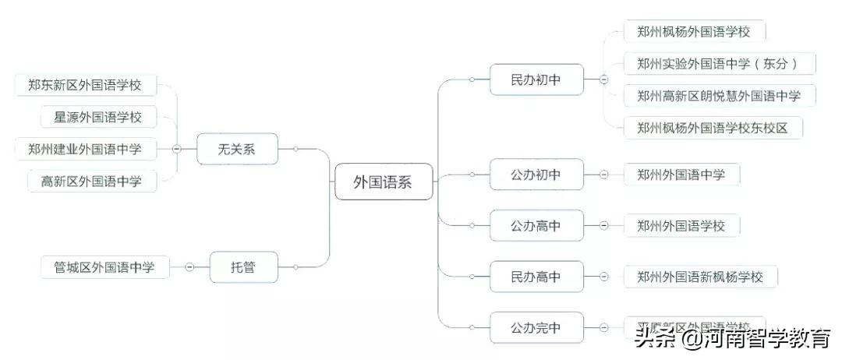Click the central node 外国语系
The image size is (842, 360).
[x=382, y=182]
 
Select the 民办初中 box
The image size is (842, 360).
[x=536, y=79]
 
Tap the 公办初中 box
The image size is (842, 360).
[x=536, y=175]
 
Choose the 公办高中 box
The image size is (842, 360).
[x=536, y=226]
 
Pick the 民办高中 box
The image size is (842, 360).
[x=536, y=276]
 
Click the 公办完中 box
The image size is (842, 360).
[x=536, y=327]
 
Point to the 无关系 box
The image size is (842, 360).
[x=236, y=149]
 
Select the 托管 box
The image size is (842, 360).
[x=243, y=267]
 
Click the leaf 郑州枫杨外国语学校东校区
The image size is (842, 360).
[x=713, y=128]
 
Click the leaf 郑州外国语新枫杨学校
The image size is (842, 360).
[x=699, y=276]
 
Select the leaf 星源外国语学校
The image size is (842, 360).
[x=97, y=118]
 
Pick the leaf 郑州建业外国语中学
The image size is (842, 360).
[x=84, y=149]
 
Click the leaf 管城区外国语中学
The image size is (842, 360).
[x=104, y=267]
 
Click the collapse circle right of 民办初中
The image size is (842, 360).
[x=603, y=79]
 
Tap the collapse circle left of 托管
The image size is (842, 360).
[x=189, y=267]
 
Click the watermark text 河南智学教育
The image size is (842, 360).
[x=766, y=339]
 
